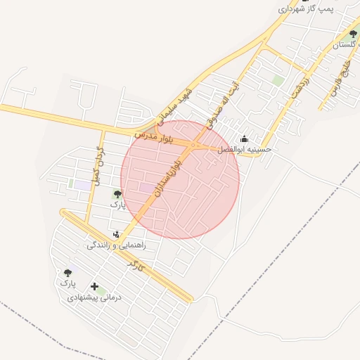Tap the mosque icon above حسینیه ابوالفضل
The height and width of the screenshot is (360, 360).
245,139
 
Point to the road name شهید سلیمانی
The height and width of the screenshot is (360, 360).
176,105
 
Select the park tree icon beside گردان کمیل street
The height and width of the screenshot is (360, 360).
117,193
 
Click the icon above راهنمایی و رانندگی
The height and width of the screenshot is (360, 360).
116,235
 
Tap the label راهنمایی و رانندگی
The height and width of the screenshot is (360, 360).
116,246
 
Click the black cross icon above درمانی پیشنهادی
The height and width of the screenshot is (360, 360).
95,286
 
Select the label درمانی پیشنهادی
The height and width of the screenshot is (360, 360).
95,297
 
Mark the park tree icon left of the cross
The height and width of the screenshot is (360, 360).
68,273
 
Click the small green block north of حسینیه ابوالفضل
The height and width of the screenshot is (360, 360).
278,81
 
